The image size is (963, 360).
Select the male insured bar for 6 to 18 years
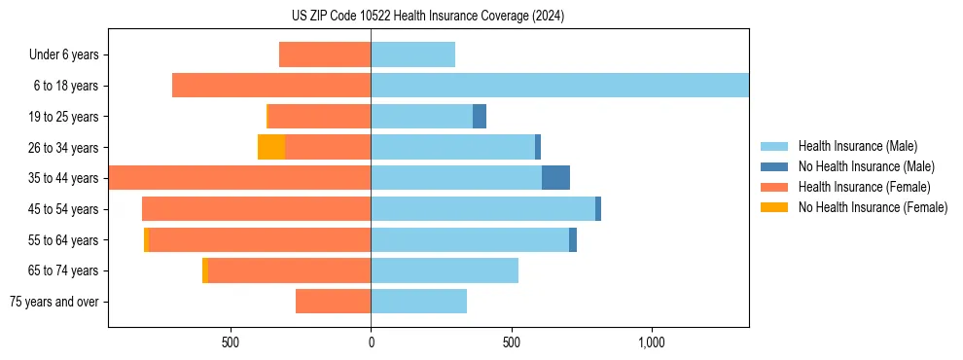(x=559, y=86)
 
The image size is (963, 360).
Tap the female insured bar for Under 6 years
(x=325, y=54)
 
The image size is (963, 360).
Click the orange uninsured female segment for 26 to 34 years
(x=271, y=147)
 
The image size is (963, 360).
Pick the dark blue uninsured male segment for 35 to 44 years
(x=555, y=178)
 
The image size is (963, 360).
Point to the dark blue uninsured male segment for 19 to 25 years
(x=480, y=117)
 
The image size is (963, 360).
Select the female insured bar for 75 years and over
(x=333, y=302)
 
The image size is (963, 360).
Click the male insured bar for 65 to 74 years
(x=445, y=270)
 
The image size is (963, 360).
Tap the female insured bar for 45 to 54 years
(x=256, y=209)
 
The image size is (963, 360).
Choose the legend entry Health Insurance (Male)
(x=857, y=146)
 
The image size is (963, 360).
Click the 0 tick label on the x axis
(x=371, y=342)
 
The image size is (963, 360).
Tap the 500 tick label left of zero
(x=231, y=342)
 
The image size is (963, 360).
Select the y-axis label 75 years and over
(x=54, y=302)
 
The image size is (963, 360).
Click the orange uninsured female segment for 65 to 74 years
(x=205, y=270)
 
